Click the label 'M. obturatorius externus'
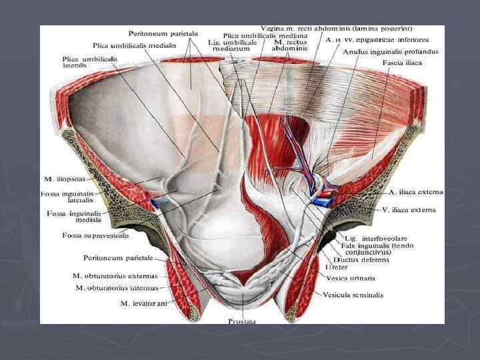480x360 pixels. [x=114, y=275]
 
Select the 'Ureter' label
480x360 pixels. [x=336, y=268]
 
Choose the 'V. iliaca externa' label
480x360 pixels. [x=408, y=209]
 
